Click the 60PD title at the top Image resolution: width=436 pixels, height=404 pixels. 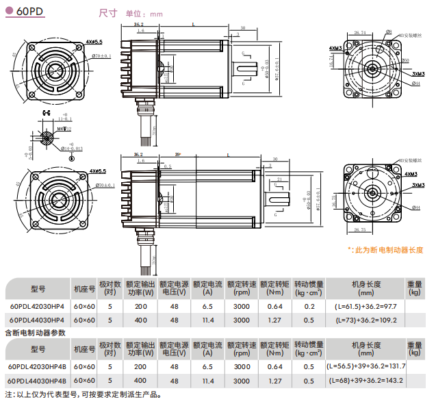(x=30, y=12)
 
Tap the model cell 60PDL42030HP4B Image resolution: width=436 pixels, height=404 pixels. (x=38, y=367)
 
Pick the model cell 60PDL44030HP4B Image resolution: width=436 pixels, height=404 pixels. (x=38, y=380)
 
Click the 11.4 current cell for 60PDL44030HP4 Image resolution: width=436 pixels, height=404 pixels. (x=209, y=320)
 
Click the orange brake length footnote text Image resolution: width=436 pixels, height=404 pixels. (x=385, y=250)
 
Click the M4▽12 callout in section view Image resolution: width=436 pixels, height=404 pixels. (x=64, y=129)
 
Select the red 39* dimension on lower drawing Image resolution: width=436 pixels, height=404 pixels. (x=178, y=155)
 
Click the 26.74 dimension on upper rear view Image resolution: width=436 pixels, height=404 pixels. (x=360, y=32)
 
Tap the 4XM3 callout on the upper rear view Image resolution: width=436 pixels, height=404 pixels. (x=335, y=48)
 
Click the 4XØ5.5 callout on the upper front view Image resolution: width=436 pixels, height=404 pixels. (x=94, y=42)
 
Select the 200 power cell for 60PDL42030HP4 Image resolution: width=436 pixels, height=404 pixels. (x=140, y=307)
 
